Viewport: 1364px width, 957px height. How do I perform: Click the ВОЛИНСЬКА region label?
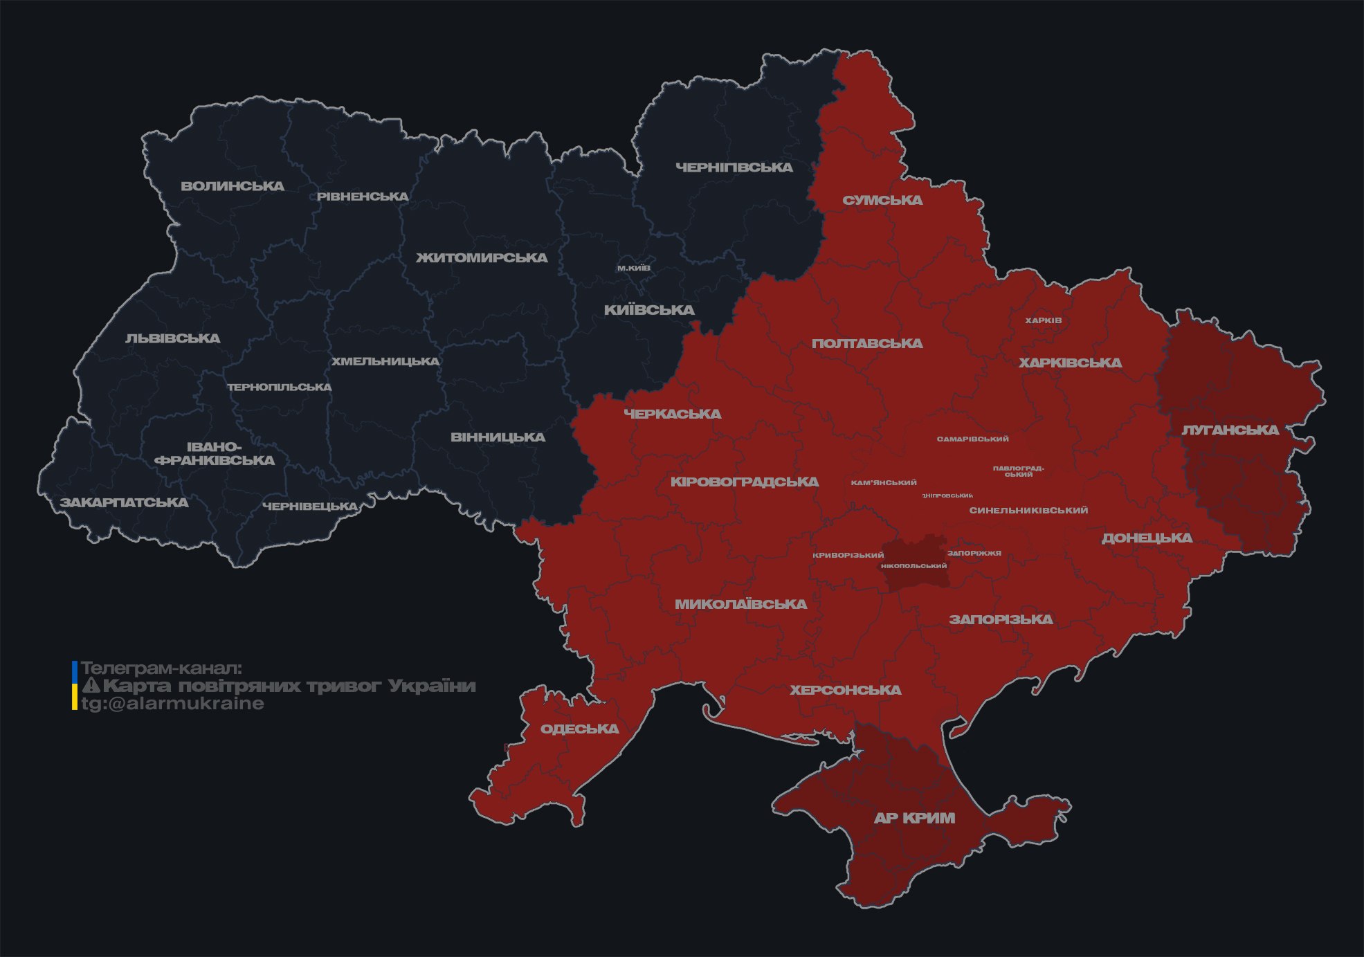232,186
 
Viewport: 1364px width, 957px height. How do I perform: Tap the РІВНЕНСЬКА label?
363,197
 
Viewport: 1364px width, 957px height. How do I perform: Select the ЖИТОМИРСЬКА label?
482,258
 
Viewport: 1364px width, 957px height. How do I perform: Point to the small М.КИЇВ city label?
633,268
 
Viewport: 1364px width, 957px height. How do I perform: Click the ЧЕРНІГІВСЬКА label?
734,167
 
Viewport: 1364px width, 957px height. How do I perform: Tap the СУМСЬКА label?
882,201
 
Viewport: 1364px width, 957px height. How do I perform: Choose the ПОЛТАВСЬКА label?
866,344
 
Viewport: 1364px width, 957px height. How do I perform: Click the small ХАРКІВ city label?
1043,320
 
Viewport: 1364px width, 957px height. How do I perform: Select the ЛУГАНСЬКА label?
1230,430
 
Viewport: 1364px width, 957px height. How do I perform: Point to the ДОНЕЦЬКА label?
1147,538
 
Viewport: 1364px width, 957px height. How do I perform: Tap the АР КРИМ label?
914,818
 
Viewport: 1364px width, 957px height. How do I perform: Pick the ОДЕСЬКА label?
579,729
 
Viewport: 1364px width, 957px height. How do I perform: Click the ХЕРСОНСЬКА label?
845,691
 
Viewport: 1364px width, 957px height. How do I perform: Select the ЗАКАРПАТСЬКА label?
124,502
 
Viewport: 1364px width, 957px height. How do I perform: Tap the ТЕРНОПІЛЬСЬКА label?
280,388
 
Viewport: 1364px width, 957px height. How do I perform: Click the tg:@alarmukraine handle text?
172,704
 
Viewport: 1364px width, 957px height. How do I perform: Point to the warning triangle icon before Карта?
91,686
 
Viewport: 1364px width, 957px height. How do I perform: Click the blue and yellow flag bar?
75,686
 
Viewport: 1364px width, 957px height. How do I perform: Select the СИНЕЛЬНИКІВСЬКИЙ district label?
1028,511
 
